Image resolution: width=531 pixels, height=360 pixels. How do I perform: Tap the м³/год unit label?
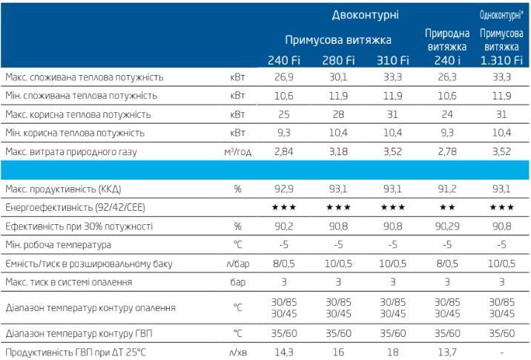(x=237, y=151)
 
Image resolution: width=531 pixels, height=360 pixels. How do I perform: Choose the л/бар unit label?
(x=237, y=263)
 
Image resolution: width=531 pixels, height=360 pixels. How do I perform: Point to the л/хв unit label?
(x=237, y=350)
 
